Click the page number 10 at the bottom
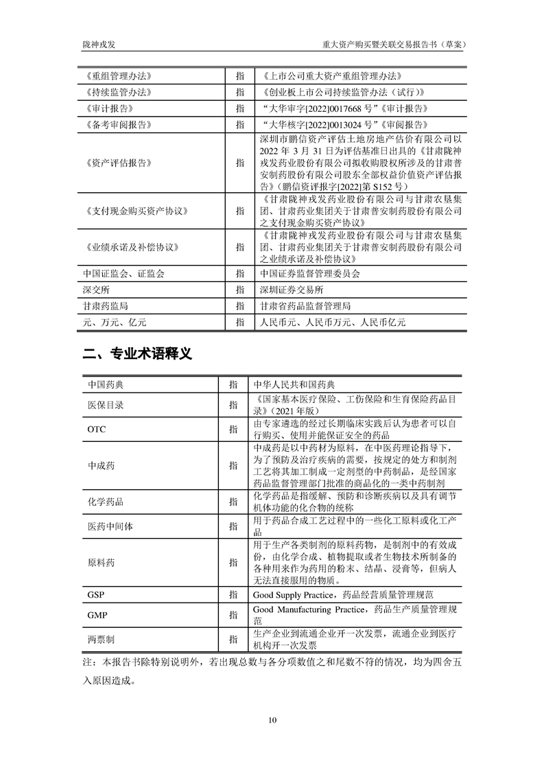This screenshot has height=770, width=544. pyautogui.click(x=272, y=720)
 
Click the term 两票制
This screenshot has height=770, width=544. pyautogui.click(x=101, y=640)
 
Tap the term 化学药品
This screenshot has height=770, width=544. pyautogui.click(x=106, y=502)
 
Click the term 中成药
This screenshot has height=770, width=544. pyautogui.click(x=101, y=465)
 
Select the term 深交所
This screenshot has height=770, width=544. pyautogui.click(x=96, y=290)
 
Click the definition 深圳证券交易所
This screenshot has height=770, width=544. pyautogui.click(x=286, y=290)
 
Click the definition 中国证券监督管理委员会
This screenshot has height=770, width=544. pyautogui.click(x=305, y=273)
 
